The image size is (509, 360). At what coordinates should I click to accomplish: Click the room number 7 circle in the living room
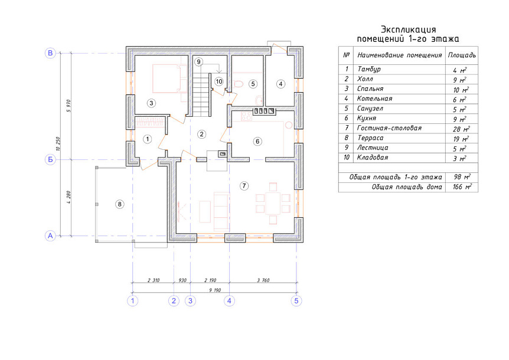244,186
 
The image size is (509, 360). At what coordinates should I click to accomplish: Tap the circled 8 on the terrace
120,204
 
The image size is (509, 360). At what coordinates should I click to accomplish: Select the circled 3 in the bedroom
151,103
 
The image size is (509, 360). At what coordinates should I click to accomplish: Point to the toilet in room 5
238,84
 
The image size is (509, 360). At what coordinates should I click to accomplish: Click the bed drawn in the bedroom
166,78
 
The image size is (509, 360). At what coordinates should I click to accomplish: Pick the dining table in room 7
273,204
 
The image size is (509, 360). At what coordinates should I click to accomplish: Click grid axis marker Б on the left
50,159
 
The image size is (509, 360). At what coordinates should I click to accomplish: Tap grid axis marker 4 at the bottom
229,300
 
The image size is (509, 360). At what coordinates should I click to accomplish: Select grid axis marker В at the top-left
50,53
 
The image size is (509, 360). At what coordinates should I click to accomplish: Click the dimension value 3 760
263,280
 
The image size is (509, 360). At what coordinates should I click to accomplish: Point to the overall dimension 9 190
215,290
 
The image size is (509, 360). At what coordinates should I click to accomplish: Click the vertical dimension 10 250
58,143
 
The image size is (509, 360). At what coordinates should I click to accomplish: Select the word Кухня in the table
367,118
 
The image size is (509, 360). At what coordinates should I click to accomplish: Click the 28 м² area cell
461,129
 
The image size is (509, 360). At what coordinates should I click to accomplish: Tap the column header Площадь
462,55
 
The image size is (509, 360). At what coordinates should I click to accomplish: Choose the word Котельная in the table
374,99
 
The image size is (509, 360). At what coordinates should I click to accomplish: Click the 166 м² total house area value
462,187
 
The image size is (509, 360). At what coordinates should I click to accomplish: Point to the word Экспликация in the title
409,30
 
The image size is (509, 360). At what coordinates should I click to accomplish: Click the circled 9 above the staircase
198,61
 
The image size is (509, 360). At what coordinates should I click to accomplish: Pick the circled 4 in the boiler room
281,84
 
